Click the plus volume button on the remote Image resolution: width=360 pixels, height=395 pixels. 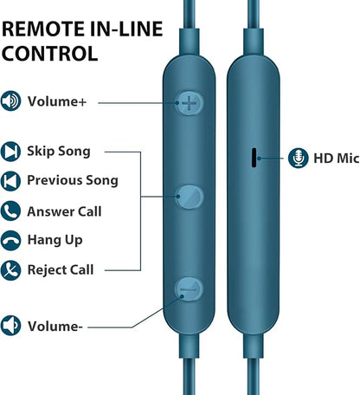coord(190,103)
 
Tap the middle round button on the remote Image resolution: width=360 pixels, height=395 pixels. coord(190,197)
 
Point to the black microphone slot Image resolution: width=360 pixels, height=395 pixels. coord(254,158)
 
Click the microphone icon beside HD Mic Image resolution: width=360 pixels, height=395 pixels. coord(299,158)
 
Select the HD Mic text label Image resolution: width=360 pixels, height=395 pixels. coord(337,159)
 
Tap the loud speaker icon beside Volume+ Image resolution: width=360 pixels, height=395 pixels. coord(10,101)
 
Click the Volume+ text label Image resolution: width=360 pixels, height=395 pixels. coord(57,101)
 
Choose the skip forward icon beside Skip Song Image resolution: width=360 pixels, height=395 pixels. coord(10,152)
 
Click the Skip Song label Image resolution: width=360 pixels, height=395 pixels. coord(59,152)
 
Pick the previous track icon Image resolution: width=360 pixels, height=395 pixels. coord(10,181)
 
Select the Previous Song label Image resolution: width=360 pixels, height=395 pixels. coord(73,180)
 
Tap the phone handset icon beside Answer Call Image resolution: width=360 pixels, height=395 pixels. coord(10,211)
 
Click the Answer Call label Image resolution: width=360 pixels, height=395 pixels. coord(64,211)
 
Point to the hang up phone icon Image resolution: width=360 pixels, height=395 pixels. coord(10,241)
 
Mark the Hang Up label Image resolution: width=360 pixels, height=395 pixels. coord(55,240)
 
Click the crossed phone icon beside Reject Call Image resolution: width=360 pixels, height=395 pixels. coord(10,270)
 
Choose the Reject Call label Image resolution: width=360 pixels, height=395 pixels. coord(61,270)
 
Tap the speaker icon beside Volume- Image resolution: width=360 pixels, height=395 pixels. coord(10,326)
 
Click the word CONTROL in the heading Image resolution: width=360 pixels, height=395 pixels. coord(49,54)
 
